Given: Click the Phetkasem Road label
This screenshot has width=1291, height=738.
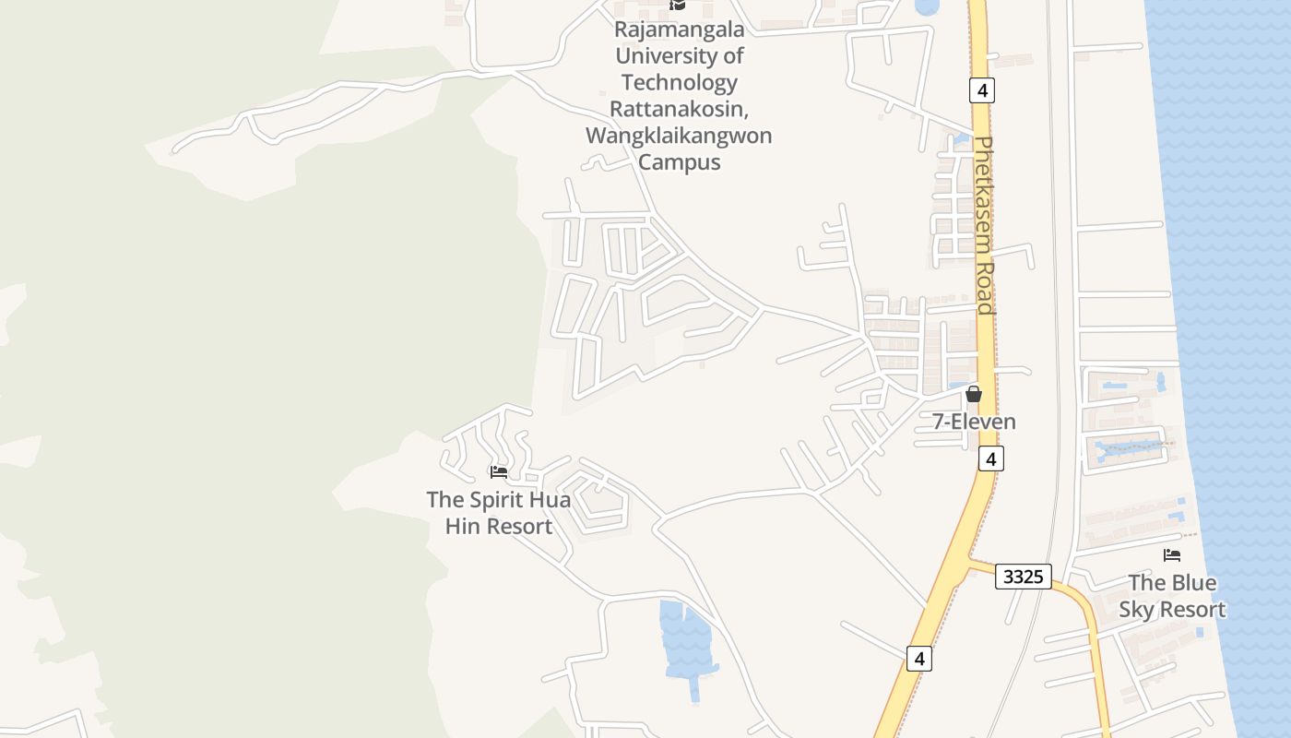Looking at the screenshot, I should click(985, 226).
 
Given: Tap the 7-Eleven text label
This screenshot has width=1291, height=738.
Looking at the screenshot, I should click(974, 423).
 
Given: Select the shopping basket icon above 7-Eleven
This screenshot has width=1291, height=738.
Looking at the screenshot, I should click(974, 395).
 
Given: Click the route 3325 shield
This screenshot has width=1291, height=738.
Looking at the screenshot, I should click(1023, 577).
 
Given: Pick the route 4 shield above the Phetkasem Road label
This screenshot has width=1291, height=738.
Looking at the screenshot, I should click(982, 90).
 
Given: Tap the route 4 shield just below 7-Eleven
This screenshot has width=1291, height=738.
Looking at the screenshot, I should click(990, 458).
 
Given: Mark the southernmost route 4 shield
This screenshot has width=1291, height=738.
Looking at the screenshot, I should click(918, 659).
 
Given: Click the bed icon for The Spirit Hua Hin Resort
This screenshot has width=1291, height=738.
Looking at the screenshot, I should click(499, 472).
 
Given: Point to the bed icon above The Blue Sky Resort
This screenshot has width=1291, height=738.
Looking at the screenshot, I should click(1172, 555).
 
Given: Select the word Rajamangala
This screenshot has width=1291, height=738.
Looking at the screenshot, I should click(679, 30).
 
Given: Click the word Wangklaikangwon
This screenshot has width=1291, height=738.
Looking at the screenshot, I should click(679, 137).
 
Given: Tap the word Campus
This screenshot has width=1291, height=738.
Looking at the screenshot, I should click(679, 163).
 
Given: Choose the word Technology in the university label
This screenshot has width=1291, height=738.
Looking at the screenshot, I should click(679, 83).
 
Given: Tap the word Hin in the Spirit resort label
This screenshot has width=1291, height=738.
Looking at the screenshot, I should click(464, 527).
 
